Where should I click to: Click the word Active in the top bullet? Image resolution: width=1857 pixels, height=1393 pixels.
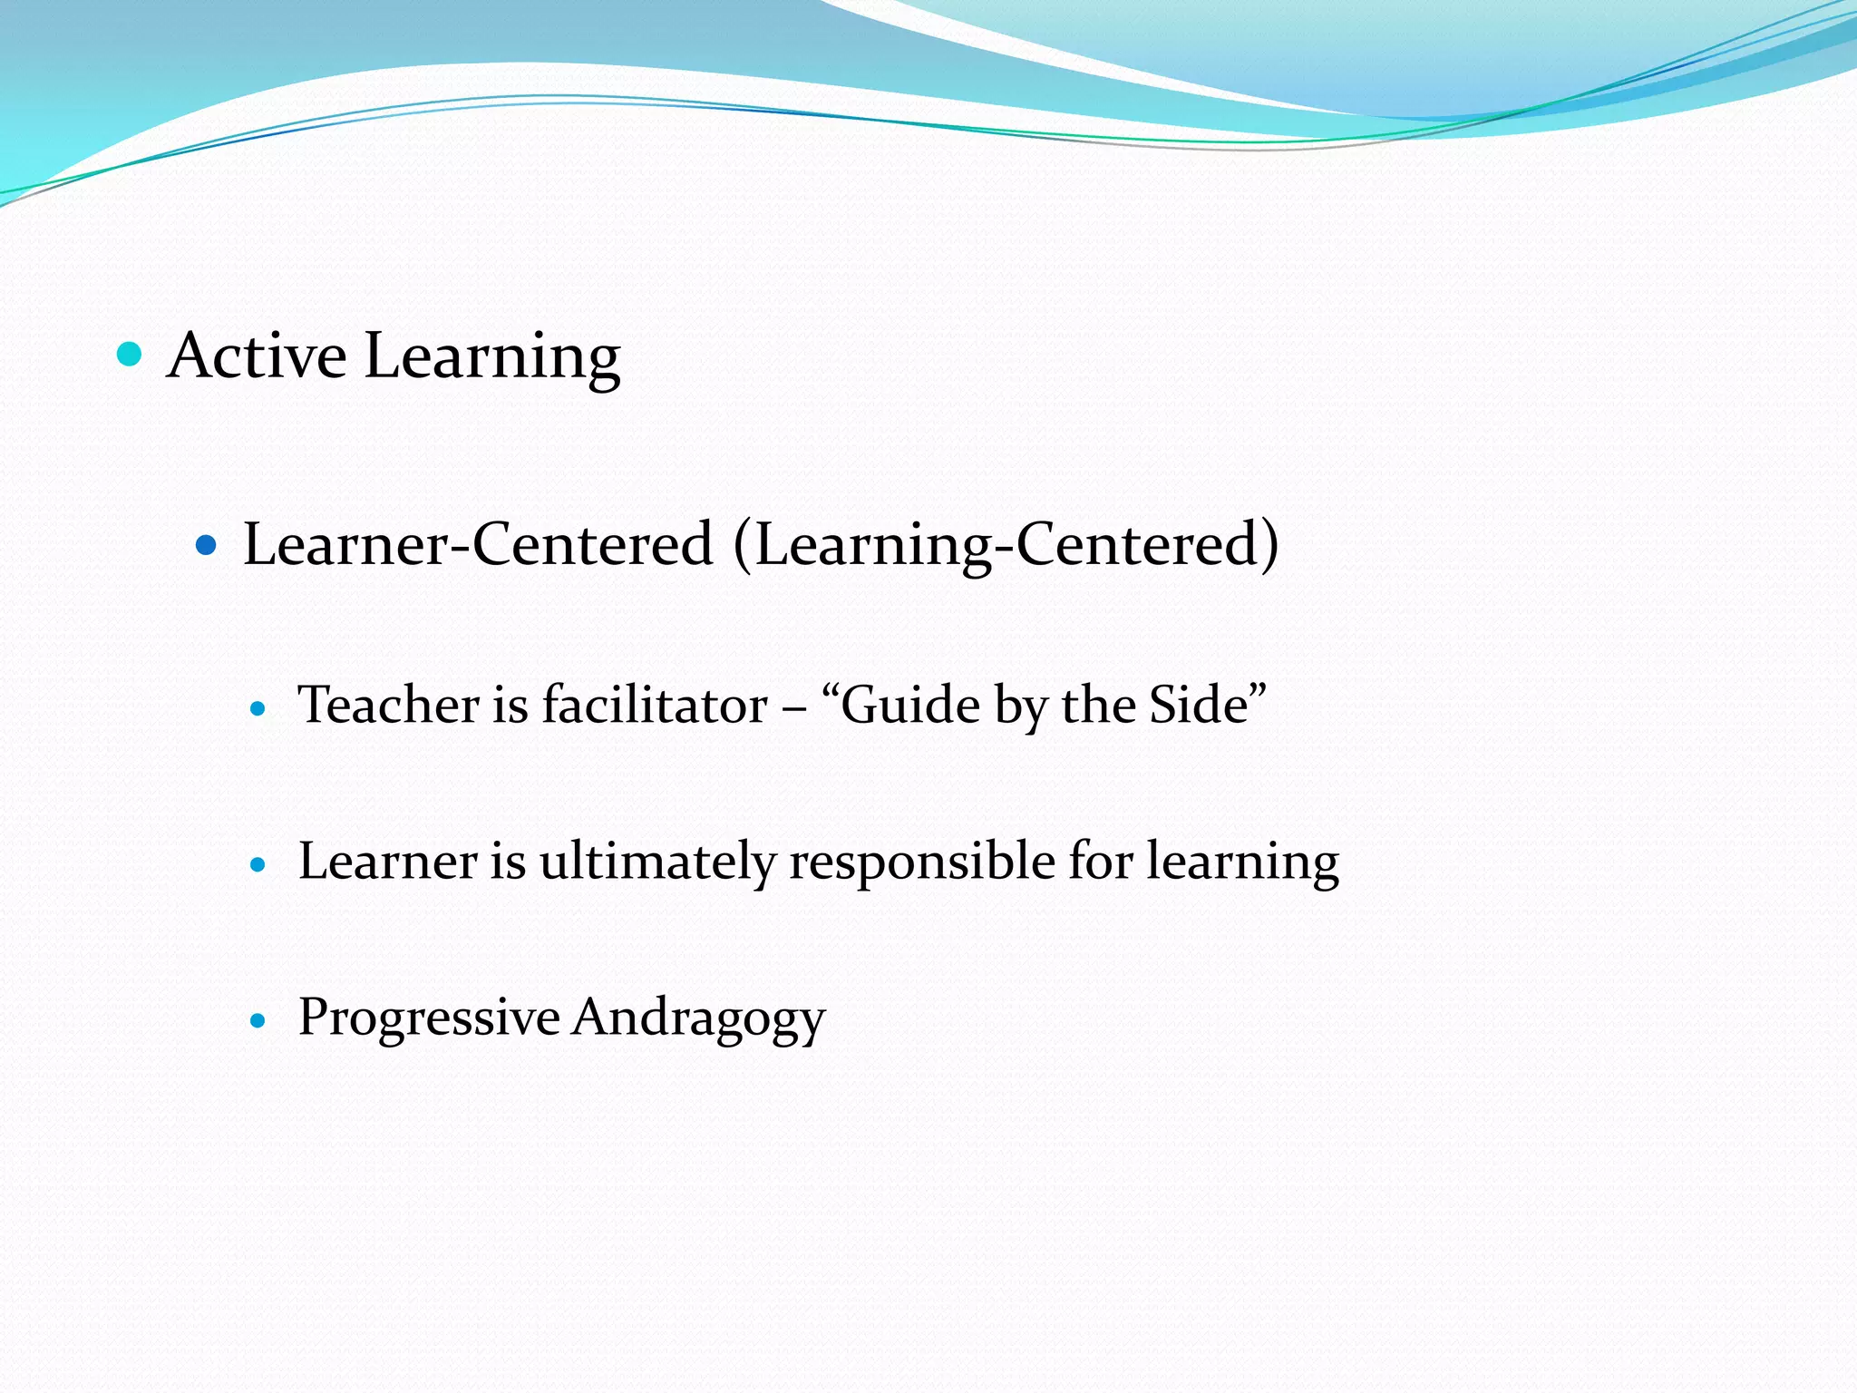click(257, 355)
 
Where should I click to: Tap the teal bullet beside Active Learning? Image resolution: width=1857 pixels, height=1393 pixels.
click(130, 354)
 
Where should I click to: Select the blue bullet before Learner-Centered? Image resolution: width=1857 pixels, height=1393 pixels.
click(207, 545)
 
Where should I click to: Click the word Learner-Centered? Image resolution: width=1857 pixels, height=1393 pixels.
click(478, 544)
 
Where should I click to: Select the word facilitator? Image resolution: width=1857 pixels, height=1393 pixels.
click(655, 705)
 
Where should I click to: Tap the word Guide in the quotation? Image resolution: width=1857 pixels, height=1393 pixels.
click(909, 706)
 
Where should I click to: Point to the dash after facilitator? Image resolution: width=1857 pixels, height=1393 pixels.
click(794, 707)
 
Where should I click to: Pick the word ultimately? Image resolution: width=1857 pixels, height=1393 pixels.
click(656, 861)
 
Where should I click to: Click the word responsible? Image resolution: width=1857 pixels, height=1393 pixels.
click(921, 862)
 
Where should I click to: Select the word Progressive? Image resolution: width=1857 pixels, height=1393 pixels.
click(429, 1017)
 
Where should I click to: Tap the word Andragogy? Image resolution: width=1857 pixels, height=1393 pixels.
click(698, 1018)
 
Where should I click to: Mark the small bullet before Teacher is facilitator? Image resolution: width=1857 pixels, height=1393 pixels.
click(258, 709)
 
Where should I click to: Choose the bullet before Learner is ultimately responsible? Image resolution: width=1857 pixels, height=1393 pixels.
click(258, 865)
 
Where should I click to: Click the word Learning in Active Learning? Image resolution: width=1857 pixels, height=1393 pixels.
click(492, 356)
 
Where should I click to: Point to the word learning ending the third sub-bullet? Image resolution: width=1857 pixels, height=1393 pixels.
click(1242, 862)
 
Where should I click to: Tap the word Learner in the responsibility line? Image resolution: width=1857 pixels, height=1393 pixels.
click(387, 861)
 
